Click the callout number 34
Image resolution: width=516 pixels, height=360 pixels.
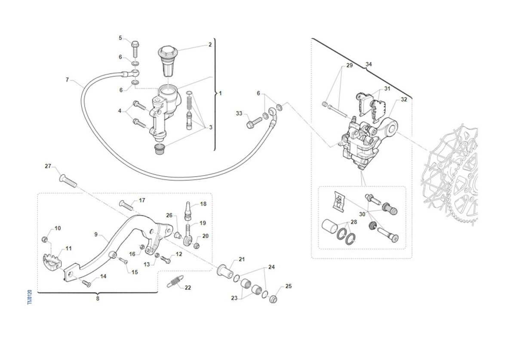click(369, 64)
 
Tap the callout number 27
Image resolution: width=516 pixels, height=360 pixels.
click(48, 166)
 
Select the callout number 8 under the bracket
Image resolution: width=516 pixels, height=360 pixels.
click(98, 299)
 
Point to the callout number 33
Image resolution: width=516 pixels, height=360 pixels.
click(239, 113)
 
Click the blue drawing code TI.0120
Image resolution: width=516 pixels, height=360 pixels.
click(30, 297)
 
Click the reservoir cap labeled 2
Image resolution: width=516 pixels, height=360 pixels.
click(167, 61)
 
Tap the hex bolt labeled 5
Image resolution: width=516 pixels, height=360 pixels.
click(135, 49)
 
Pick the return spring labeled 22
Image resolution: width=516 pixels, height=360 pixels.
click(175, 281)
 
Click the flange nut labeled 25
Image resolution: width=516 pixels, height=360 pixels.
click(273, 299)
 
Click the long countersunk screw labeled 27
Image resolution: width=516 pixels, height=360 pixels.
click(68, 181)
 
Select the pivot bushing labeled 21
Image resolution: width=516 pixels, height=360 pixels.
click(225, 271)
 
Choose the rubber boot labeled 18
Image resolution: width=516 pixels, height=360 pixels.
click(188, 211)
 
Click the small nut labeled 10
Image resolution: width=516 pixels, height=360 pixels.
click(45, 239)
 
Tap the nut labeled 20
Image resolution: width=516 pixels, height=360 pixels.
click(196, 246)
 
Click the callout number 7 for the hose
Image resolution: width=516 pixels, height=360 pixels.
click(67, 79)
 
